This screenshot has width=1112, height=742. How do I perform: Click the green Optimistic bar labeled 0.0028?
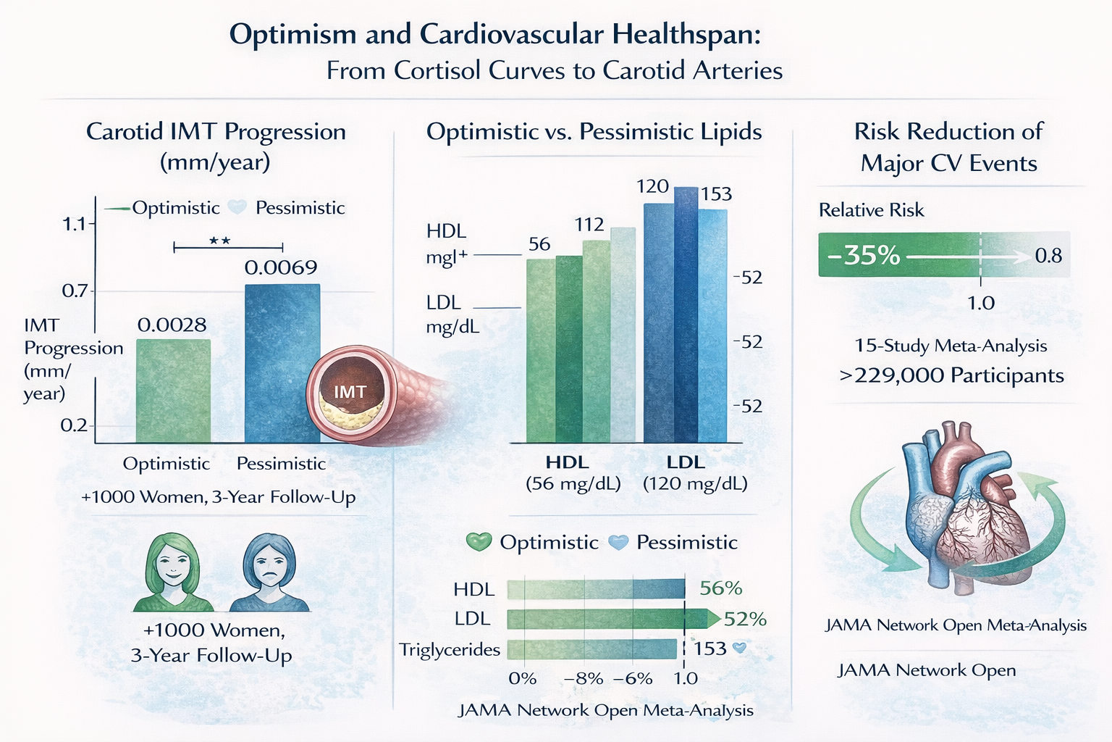pyautogui.click(x=173, y=391)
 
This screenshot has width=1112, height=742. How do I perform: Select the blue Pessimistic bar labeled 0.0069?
pyautogui.click(x=282, y=363)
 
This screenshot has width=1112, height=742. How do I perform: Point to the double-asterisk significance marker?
pyautogui.click(x=219, y=241)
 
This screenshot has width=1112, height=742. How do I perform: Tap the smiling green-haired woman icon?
pyautogui.click(x=173, y=572)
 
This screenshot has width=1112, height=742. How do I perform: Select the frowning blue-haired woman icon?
pyautogui.click(x=269, y=572)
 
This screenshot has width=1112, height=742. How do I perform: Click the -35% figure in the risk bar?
pyautogui.click(x=863, y=255)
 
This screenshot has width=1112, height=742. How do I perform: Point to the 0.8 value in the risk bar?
pyautogui.click(x=1048, y=256)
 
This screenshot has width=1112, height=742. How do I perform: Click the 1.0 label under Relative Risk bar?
pyautogui.click(x=981, y=303)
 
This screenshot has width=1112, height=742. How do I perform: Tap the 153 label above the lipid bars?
pyautogui.click(x=716, y=193)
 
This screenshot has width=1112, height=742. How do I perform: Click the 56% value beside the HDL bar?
pyautogui.click(x=721, y=588)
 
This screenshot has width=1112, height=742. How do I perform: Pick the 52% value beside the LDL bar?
pyautogui.click(x=745, y=620)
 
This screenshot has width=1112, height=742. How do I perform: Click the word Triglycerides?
pyautogui.click(x=450, y=650)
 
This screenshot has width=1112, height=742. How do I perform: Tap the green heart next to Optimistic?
pyautogui.click(x=479, y=542)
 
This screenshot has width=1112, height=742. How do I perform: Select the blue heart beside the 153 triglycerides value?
pyautogui.click(x=740, y=648)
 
